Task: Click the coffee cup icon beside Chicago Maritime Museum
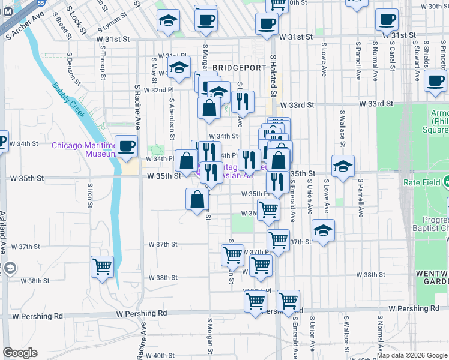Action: click(x=126, y=147)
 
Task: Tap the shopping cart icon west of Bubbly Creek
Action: click(x=103, y=267)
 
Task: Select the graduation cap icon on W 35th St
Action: click(x=343, y=167)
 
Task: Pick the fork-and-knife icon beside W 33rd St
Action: click(x=243, y=103)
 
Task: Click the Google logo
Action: click(x=20, y=353)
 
